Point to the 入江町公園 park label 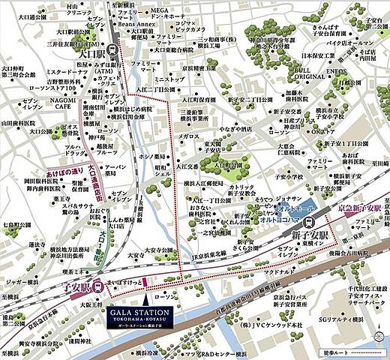coord(223,166)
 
